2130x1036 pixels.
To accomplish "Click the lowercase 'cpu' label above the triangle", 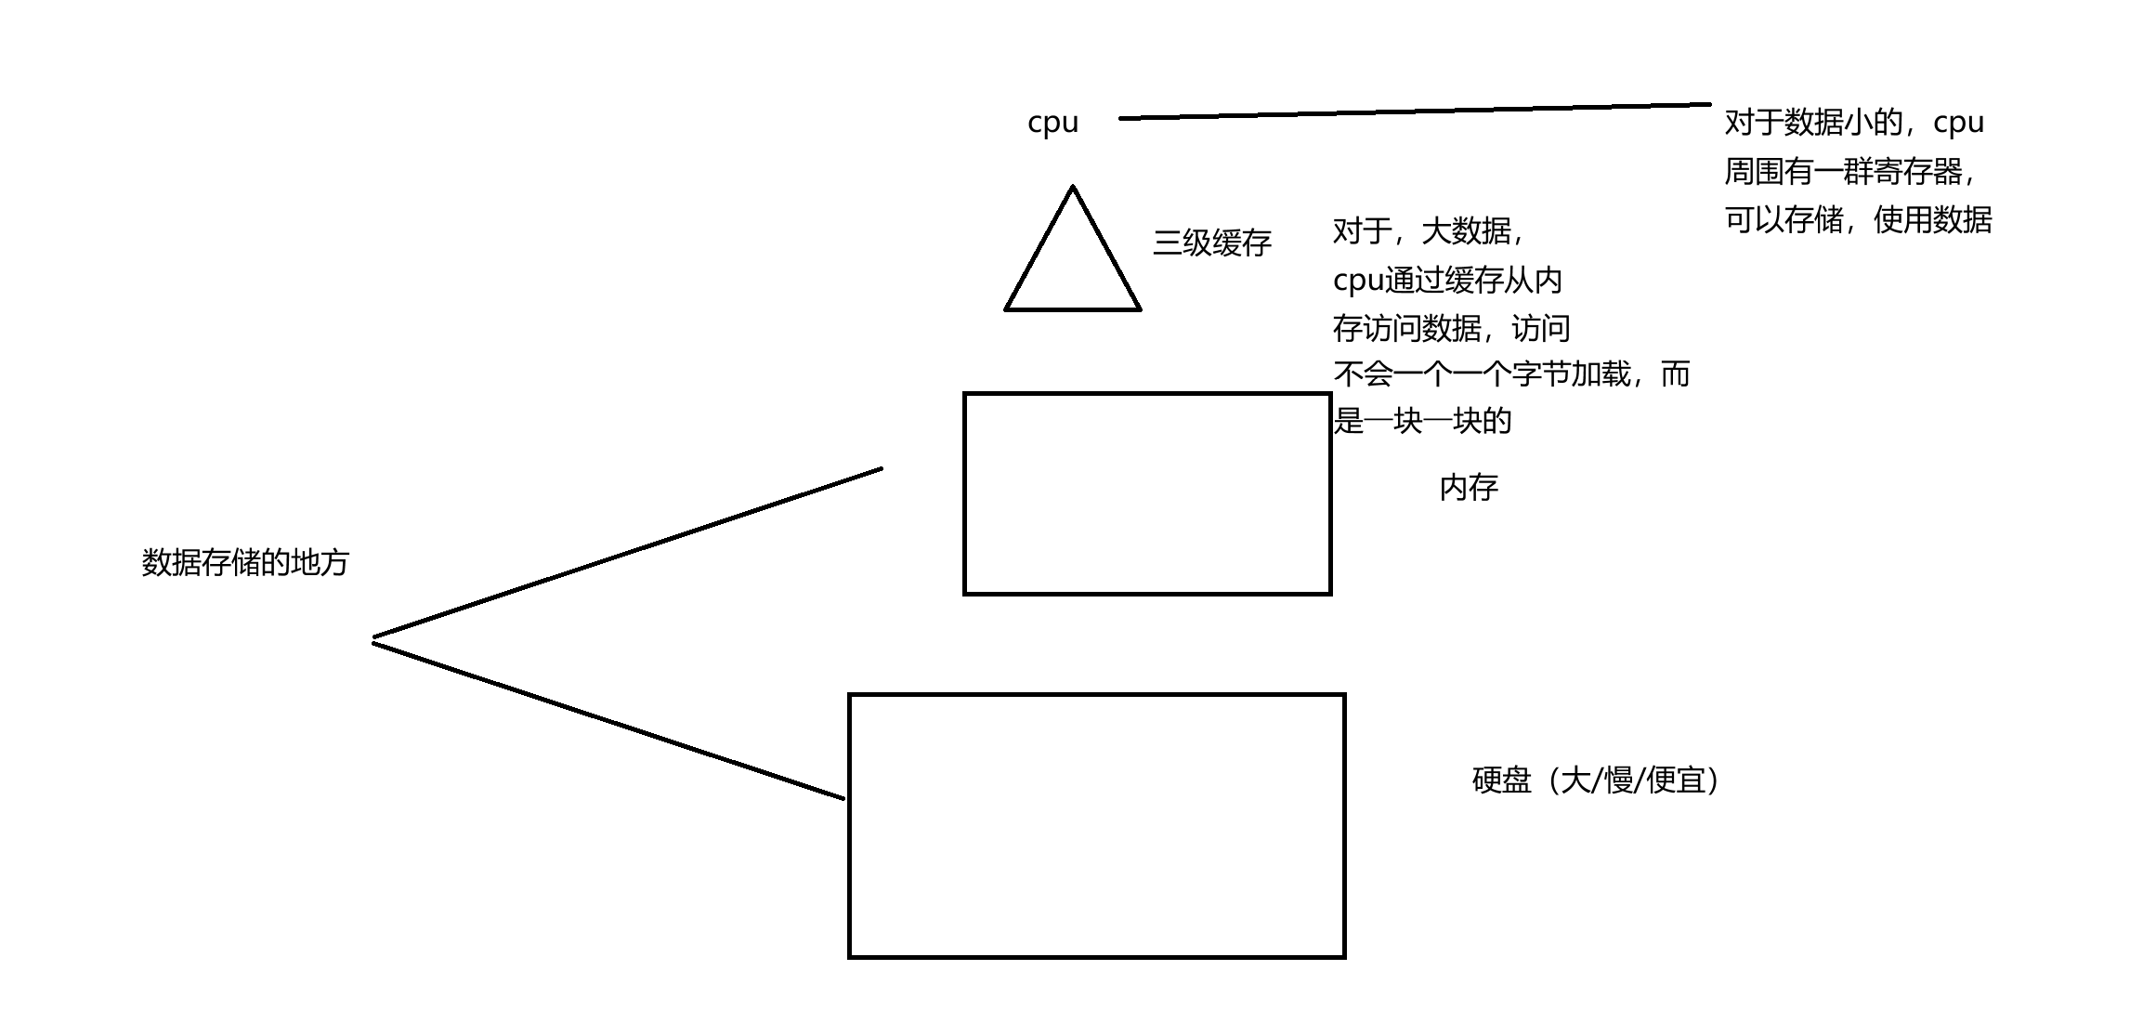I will tap(1052, 123).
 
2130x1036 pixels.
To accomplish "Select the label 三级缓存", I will tap(1211, 243).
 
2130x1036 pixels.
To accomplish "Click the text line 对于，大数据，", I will tap(1429, 230).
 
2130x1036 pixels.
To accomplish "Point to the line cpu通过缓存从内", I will tap(1447, 280).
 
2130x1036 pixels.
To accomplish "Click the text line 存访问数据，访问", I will tap(1451, 328).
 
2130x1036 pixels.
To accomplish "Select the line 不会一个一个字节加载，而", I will tap(1511, 374).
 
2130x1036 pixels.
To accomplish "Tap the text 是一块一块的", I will tap(1422, 422).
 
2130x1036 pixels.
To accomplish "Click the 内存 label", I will tap(1469, 488).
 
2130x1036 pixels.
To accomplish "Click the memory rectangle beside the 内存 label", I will tap(1147, 493).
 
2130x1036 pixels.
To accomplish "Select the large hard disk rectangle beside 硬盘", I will tap(1096, 825).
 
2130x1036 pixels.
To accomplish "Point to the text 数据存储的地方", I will tap(245, 563).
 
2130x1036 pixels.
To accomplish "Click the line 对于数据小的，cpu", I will tap(1854, 123).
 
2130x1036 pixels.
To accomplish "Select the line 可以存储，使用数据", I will tap(1858, 220).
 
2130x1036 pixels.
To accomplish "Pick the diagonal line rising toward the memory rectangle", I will tap(627, 554).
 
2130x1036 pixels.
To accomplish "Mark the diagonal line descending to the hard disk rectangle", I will tap(608, 720).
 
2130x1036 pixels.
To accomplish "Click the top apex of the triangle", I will tap(1073, 188).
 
